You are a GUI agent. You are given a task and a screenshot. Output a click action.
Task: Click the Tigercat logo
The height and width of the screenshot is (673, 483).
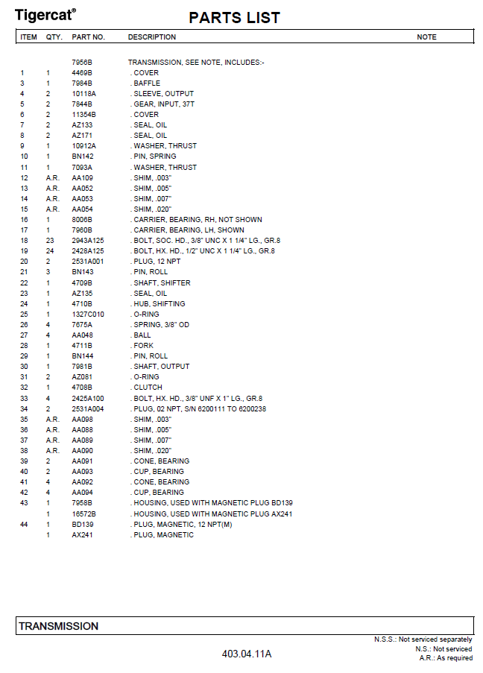45,14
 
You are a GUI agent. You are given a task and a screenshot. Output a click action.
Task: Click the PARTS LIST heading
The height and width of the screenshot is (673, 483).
234,18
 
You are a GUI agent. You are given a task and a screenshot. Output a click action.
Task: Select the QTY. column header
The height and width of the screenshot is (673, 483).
54,37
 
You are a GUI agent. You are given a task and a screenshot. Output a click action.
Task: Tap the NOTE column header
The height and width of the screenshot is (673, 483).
426,37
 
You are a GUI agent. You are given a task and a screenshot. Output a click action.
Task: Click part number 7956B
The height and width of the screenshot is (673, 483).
81,63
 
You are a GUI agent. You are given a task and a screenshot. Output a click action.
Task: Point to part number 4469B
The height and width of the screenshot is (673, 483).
81,73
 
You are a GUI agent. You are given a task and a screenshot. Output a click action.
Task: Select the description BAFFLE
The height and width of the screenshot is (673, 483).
147,83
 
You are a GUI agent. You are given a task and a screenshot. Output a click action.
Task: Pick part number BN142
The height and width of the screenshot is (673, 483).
83,157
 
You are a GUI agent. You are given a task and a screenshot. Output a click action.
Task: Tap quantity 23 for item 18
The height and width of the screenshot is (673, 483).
49,241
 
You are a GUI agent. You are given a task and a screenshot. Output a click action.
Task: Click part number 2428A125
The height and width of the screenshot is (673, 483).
88,251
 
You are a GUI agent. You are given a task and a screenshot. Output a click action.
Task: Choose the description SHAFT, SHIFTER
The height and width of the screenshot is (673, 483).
162,283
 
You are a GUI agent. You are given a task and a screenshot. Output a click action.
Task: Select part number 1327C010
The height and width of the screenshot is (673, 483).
88,315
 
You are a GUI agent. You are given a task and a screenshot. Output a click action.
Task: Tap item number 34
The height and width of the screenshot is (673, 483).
24,409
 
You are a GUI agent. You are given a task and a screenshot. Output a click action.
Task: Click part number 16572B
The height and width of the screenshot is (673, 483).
83,514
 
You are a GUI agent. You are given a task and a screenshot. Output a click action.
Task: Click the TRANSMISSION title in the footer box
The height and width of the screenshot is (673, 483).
58,626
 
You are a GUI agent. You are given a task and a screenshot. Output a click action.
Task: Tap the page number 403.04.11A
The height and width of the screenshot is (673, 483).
247,654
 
